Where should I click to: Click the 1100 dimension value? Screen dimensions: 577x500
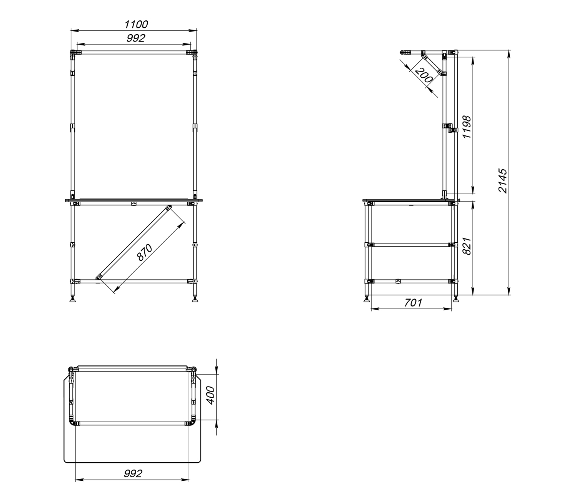click(x=136, y=25)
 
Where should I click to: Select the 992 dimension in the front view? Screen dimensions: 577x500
click(x=136, y=38)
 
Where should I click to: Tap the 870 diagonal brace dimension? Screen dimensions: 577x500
click(x=145, y=252)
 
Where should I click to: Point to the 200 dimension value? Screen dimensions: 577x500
click(x=424, y=75)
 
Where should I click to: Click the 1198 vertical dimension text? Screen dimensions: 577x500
click(x=467, y=127)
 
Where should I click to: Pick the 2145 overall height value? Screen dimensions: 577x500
click(x=502, y=181)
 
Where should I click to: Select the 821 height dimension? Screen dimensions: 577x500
click(x=467, y=246)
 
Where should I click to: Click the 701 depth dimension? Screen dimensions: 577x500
click(x=414, y=302)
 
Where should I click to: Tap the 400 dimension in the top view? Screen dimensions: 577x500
click(x=211, y=395)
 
